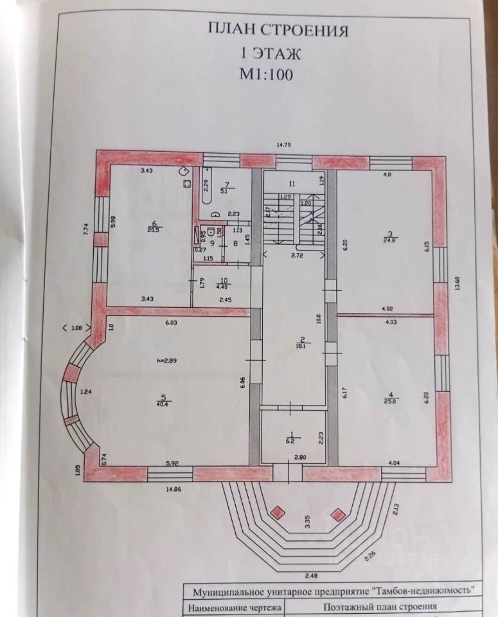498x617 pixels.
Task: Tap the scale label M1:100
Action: click(x=266, y=73)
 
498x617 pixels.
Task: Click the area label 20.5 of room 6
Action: click(x=154, y=229)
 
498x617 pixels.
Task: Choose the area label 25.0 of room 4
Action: click(x=391, y=400)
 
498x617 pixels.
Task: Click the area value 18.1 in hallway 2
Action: click(x=299, y=345)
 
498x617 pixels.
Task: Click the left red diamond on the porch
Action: click(x=278, y=512)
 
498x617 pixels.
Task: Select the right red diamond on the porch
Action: click(x=337, y=514)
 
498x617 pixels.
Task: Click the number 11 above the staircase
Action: click(x=292, y=184)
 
